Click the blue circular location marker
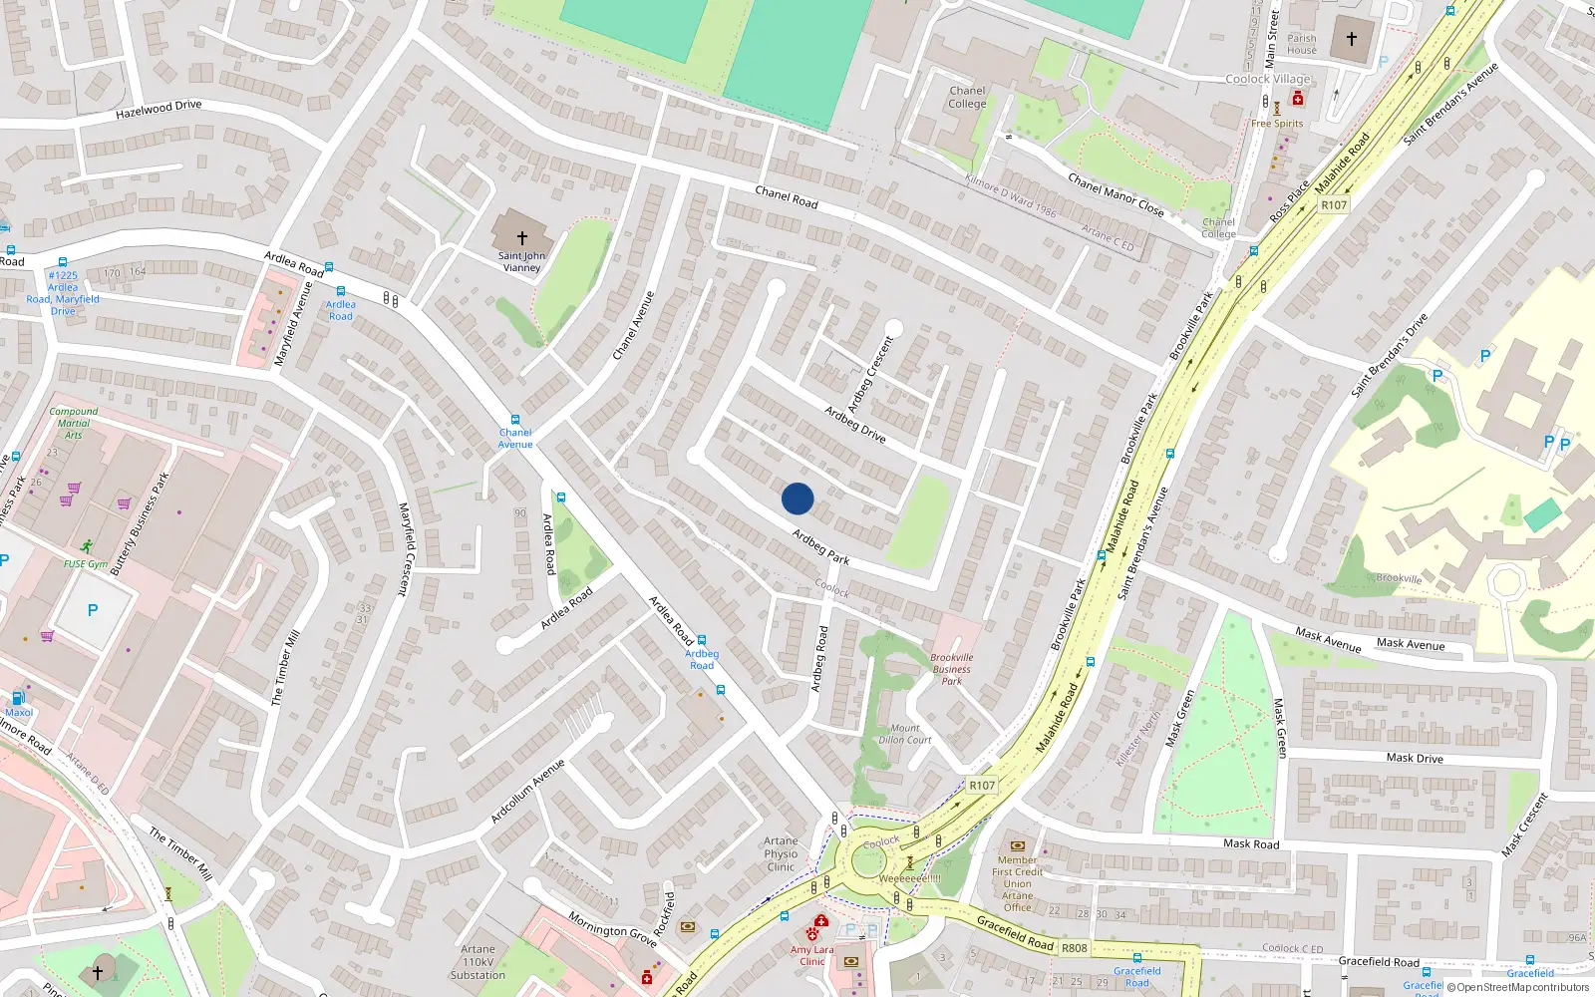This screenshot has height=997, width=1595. [797, 498]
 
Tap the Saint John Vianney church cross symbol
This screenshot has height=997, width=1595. [521, 238]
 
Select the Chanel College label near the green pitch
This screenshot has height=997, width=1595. [967, 97]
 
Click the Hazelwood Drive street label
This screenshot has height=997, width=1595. [159, 109]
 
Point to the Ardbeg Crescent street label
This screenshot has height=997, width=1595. [870, 374]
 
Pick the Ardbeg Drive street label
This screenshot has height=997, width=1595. [854, 424]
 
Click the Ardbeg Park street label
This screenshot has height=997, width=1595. [820, 547]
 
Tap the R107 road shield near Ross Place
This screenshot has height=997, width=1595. [1334, 205]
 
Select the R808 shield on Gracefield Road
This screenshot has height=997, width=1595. [1074, 948]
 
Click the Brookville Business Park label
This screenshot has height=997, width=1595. [952, 669]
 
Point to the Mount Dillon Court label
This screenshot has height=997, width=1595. [905, 734]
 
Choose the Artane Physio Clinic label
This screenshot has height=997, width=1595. [781, 854]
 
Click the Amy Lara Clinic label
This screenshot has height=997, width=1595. [812, 955]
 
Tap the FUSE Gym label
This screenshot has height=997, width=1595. [86, 563]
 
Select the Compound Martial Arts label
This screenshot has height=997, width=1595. [74, 423]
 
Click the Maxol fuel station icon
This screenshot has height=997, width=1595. [18, 698]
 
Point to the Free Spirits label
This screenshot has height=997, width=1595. [1277, 124]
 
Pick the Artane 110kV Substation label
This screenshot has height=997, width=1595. [478, 962]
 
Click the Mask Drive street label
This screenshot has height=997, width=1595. [1414, 758]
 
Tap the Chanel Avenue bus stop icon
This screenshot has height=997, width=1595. [515, 421]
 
